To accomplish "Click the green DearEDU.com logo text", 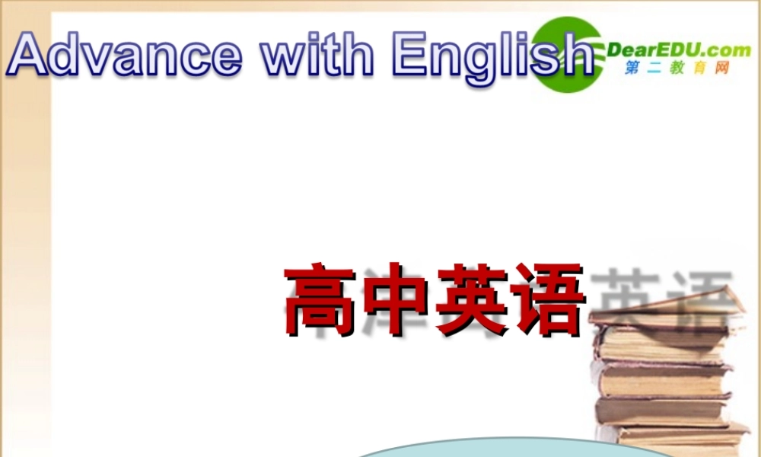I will click(668, 51).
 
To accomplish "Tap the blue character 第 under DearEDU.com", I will click(632, 69).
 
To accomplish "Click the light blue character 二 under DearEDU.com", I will click(654, 69).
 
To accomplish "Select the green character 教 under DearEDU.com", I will click(677, 69).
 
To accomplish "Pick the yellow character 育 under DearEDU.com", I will click(699, 69).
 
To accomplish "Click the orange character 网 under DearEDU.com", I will click(721, 69).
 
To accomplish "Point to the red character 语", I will click(545, 301).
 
